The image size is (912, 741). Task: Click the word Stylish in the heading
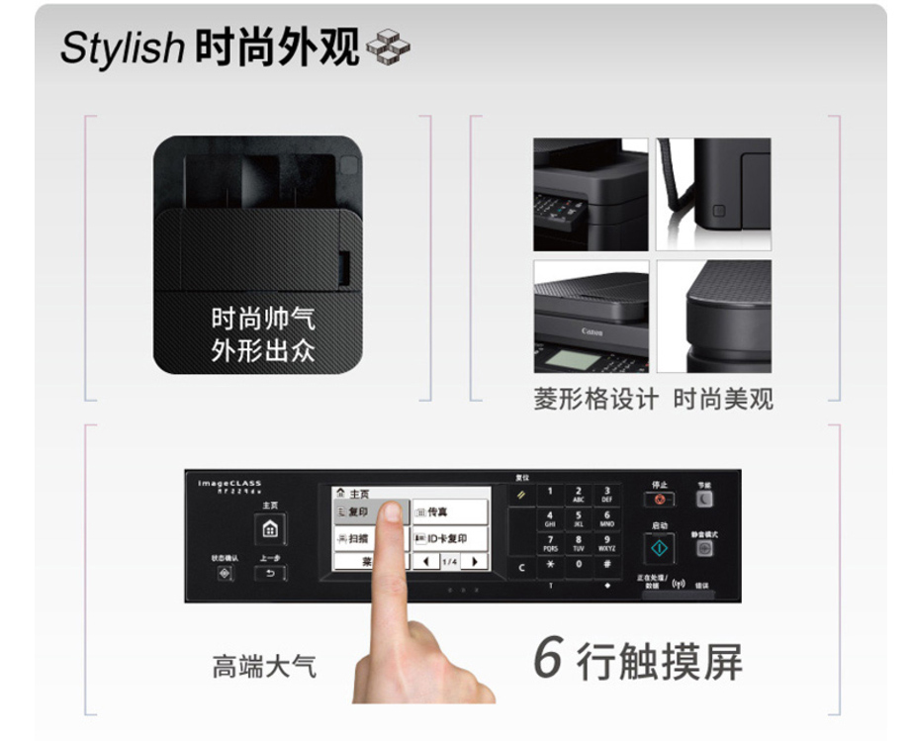pyautogui.click(x=122, y=48)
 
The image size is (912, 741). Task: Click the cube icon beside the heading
pyautogui.click(x=388, y=46)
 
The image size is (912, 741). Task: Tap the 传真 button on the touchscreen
pyautogui.click(x=450, y=511)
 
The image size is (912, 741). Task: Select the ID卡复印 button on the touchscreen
pyautogui.click(x=450, y=539)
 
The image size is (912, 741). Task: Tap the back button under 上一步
pyautogui.click(x=270, y=574)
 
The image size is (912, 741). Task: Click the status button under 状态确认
pyautogui.click(x=225, y=574)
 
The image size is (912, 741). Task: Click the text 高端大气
pyautogui.click(x=264, y=666)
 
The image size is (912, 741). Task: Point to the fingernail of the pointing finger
pyautogui.click(x=391, y=511)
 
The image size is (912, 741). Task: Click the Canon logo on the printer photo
pyautogui.click(x=592, y=331)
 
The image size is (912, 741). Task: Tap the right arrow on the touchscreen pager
pyautogui.click(x=475, y=562)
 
